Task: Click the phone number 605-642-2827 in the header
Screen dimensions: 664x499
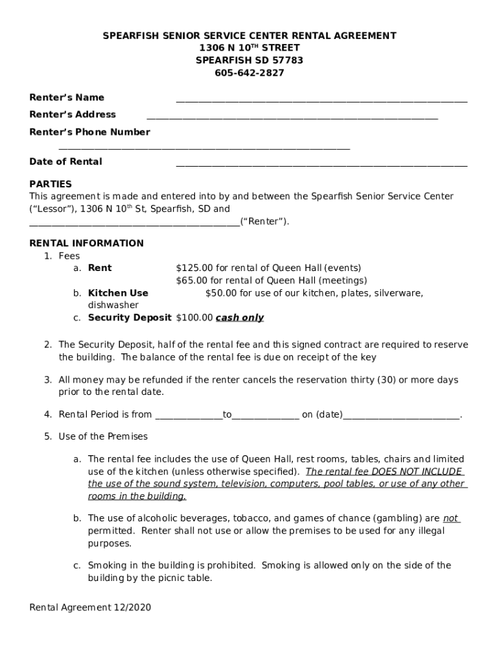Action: click(x=250, y=73)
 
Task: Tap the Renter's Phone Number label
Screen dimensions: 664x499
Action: click(x=89, y=132)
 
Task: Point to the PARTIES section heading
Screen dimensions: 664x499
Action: click(x=51, y=184)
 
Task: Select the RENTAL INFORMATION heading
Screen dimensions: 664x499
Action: click(x=87, y=244)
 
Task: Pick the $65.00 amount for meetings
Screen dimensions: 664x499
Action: click(x=192, y=281)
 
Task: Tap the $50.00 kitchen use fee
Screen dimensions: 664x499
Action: click(x=221, y=293)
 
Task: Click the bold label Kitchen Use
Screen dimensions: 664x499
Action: click(x=118, y=293)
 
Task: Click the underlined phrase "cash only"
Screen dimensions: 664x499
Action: click(x=240, y=318)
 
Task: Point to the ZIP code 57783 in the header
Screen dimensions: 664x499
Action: click(x=289, y=60)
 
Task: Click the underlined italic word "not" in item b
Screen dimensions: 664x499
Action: click(x=450, y=519)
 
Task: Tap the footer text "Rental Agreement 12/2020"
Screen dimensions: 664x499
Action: click(x=90, y=608)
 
